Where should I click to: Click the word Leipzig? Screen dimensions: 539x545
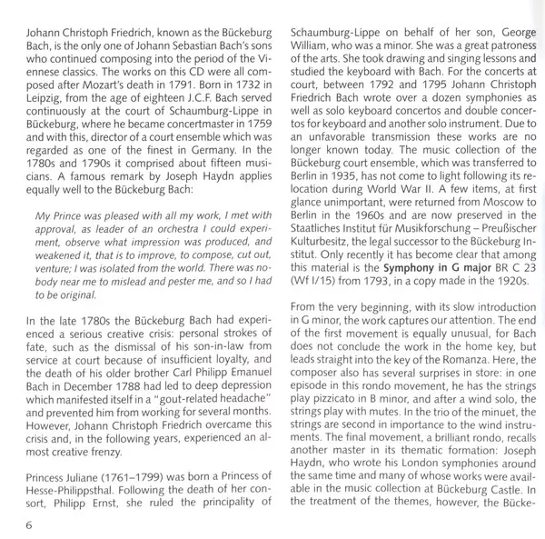[x=37, y=116]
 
